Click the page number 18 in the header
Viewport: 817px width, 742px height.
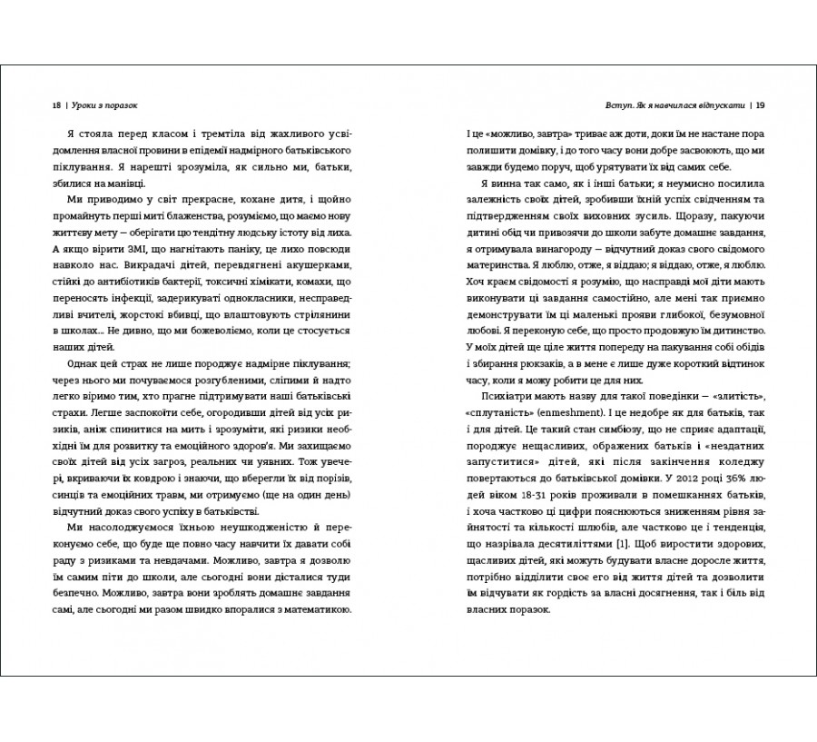(x=56, y=104)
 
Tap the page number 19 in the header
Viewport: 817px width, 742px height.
(x=761, y=104)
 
